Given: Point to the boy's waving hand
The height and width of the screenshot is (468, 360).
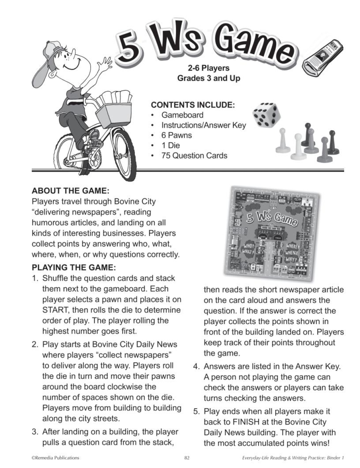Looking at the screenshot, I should [105, 65].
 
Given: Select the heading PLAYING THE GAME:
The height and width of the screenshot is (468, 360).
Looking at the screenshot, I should [74, 267].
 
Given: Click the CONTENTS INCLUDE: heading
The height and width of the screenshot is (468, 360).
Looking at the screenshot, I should [193, 105].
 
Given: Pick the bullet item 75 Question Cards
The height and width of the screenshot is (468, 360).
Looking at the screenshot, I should [194, 156].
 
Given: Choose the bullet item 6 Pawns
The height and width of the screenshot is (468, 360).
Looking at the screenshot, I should [176, 135].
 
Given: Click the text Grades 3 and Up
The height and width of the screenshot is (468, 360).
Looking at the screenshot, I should [208, 78].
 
